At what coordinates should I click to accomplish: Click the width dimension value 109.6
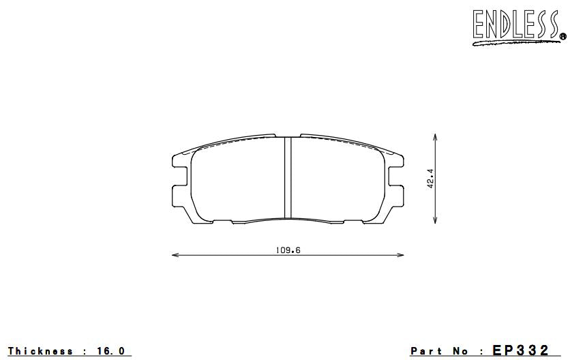point(288,250)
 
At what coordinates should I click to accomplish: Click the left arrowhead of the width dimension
point(173,256)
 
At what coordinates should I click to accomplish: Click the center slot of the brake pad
point(288,177)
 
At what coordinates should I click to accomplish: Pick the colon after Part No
point(481,351)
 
